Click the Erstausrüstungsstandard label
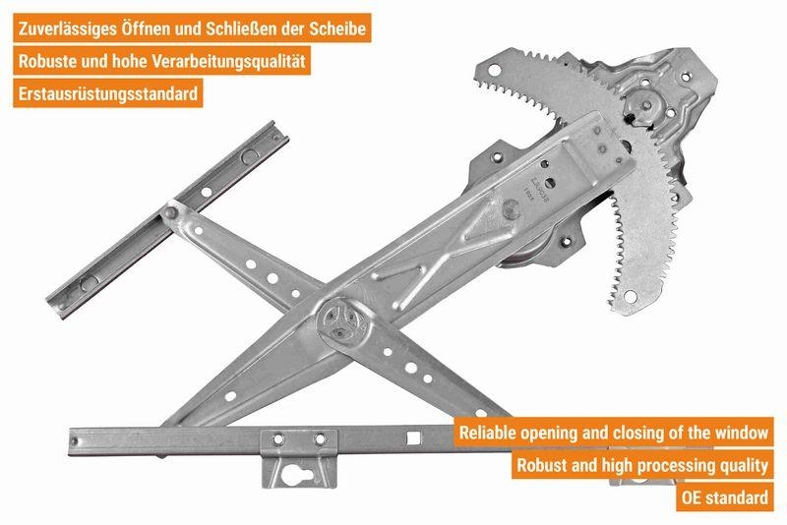[x=109, y=94]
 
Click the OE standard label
[x=726, y=496]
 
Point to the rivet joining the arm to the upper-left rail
[x=172, y=209]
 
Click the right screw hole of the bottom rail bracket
[x=319, y=437]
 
